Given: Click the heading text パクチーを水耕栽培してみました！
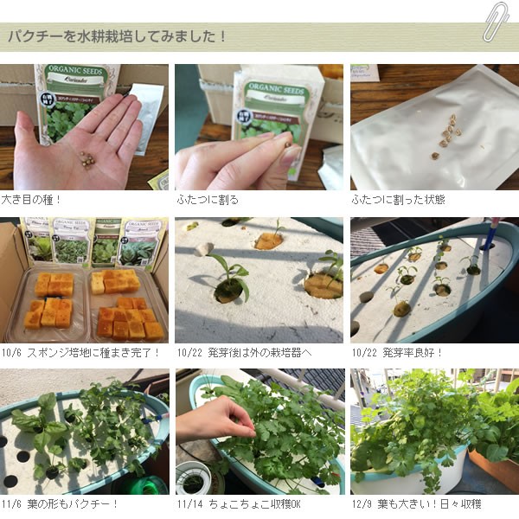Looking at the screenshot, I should coord(118,37).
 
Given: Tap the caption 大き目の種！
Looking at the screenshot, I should coord(31,200).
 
